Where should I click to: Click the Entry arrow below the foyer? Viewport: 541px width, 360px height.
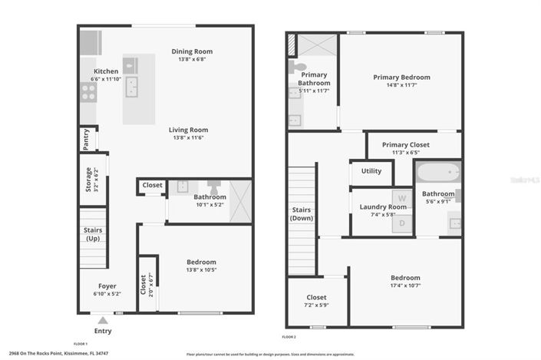(103, 319)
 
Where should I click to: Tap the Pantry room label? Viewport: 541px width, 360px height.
(86, 139)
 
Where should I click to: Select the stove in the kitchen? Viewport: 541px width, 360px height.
(88, 92)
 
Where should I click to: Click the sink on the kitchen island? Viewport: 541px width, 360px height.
(132, 85)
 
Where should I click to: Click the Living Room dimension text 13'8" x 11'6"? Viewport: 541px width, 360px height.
(189, 138)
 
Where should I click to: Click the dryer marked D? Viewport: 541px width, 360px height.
(401, 223)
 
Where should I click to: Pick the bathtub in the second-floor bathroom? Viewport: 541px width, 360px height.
(437, 172)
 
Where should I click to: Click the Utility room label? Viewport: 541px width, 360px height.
(371, 171)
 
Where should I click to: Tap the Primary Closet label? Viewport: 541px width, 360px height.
(406, 144)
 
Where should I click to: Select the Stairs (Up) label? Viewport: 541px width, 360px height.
(93, 234)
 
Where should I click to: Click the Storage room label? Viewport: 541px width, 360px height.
(88, 179)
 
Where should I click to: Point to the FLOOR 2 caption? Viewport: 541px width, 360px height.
(289, 337)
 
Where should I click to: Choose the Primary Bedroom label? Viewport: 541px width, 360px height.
(401, 77)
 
